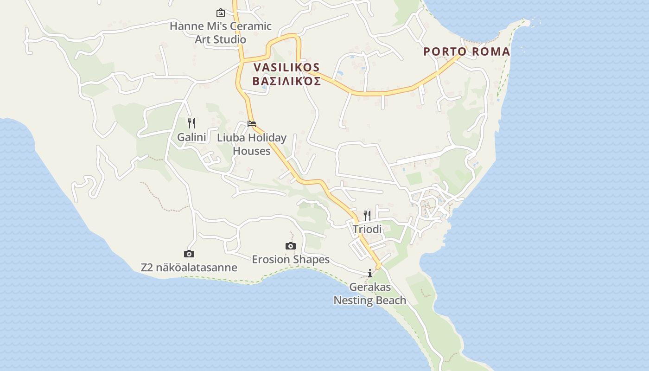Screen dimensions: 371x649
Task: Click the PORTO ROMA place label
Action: [x=466, y=51]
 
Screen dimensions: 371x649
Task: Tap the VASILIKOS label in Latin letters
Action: [x=287, y=68]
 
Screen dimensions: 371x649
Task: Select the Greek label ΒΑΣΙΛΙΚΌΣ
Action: [x=287, y=82]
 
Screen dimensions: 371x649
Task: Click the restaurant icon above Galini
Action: [x=191, y=123]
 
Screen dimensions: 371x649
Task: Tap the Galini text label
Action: [x=191, y=137]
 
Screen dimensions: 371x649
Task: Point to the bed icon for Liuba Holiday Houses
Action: [x=252, y=124]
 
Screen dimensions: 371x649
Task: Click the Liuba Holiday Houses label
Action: [x=252, y=144]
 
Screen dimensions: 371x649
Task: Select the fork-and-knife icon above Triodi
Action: [x=367, y=215]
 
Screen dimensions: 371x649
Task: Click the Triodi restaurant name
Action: [x=367, y=229]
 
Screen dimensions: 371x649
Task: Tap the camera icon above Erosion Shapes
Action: [x=291, y=246]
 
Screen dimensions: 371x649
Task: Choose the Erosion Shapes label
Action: [x=291, y=259]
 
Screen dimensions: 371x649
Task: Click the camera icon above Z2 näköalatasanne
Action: [x=189, y=254]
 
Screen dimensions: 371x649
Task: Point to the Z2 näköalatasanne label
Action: [x=189, y=268]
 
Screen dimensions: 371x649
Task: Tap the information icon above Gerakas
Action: [x=370, y=273]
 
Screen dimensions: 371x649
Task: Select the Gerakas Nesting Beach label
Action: [x=370, y=294]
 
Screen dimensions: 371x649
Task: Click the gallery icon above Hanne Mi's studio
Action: [x=221, y=13]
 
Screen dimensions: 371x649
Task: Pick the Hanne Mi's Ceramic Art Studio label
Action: [x=221, y=32]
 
